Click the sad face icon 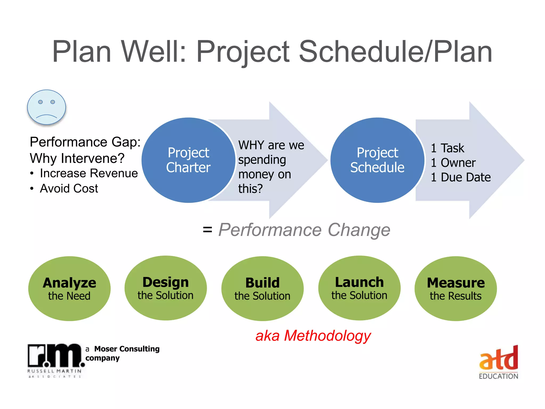47,107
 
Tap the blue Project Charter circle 188,160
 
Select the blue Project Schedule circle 377,160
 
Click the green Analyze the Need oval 69,289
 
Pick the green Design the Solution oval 166,288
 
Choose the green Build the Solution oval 262,289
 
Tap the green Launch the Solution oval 359,288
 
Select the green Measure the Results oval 456,289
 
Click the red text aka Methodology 313,336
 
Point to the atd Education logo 498,362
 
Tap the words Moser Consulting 127,349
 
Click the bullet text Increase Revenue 89,173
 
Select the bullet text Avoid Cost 69,189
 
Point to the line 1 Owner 453,163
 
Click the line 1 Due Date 461,177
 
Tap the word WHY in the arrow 251,145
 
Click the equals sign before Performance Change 207,230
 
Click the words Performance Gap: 85,142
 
